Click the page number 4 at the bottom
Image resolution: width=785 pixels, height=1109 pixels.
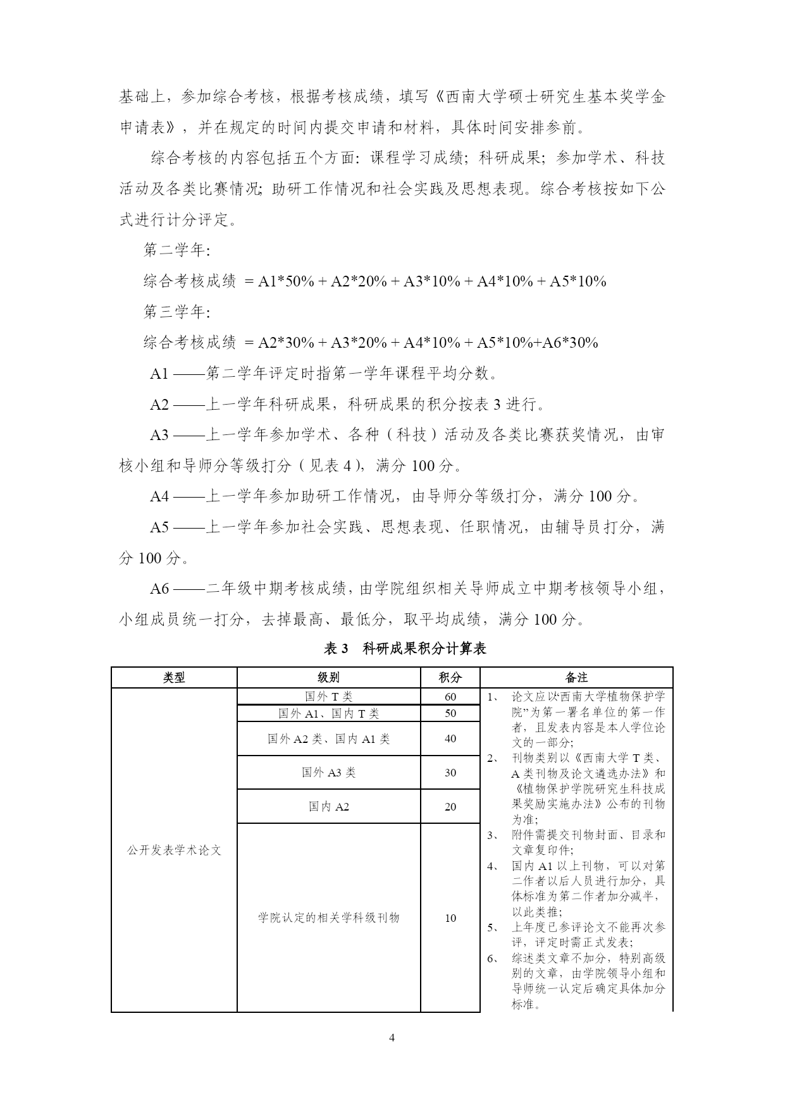point(392,1038)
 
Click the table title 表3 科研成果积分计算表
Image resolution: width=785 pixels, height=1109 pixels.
point(405,648)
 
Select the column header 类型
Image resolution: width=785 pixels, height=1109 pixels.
point(174,678)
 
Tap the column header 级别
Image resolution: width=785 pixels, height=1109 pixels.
point(328,678)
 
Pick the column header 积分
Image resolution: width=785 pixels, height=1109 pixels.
point(450,678)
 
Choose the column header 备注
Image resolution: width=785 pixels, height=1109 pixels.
point(576,678)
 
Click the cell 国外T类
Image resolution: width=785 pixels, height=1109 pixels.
point(328,697)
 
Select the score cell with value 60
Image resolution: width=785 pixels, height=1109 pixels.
point(450,697)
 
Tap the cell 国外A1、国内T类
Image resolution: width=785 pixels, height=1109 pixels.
point(328,713)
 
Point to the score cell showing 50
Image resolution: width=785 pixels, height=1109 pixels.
point(450,713)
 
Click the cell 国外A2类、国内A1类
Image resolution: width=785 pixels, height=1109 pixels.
point(328,738)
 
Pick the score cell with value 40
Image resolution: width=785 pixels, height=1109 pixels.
point(450,738)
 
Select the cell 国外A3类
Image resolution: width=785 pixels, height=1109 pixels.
point(328,773)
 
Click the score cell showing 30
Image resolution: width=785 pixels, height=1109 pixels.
point(450,773)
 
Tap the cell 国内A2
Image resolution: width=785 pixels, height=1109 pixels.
point(328,807)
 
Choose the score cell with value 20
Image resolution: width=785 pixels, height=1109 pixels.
point(450,807)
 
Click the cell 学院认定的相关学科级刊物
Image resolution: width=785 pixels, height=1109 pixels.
point(328,917)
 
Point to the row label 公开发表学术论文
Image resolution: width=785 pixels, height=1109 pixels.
point(174,850)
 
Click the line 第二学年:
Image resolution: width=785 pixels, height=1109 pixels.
point(176,251)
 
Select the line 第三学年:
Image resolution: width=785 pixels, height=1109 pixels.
point(176,312)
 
